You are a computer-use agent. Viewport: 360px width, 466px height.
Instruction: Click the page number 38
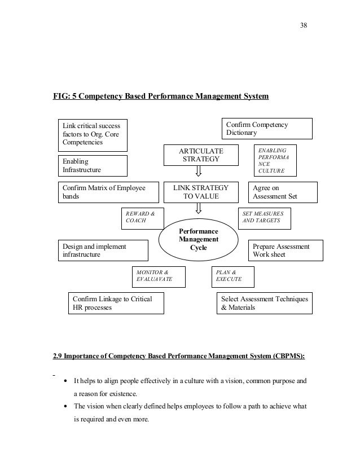[x=304, y=24]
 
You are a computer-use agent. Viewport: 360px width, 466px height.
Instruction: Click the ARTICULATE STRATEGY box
[x=201, y=156]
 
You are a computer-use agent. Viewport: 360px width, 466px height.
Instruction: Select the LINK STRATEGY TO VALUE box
[x=201, y=192]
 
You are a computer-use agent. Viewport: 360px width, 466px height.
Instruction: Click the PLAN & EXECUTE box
[x=233, y=276]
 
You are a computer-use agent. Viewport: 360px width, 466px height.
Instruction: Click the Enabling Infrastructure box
[x=93, y=165]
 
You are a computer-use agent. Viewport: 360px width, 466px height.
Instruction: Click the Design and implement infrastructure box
[x=103, y=250]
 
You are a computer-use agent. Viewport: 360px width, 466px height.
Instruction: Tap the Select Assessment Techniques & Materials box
[x=264, y=303]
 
